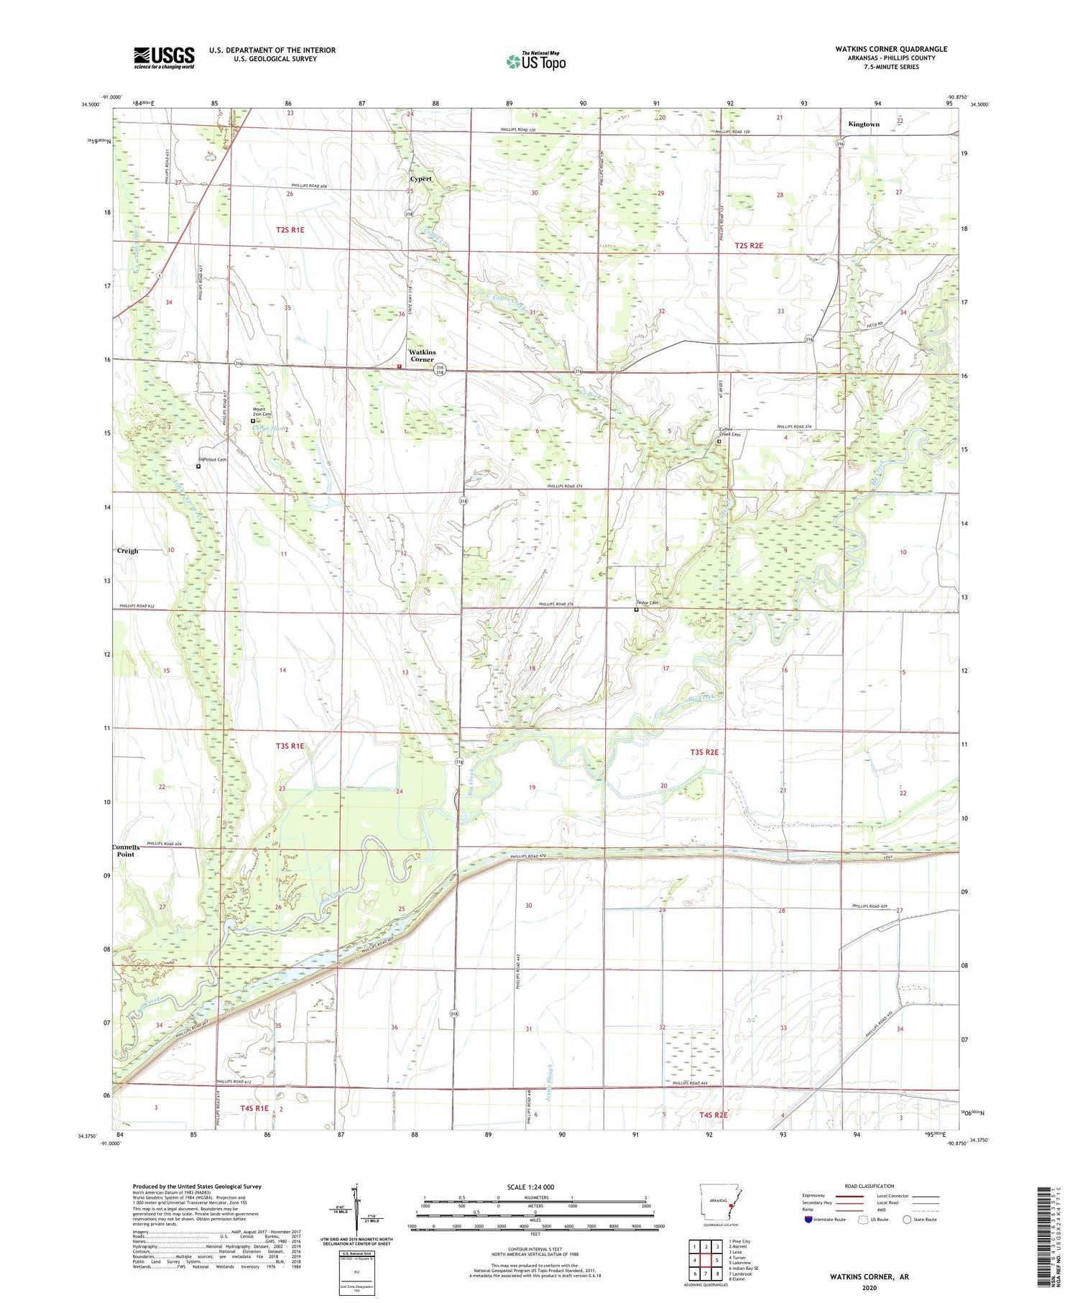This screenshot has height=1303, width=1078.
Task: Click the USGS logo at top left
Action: (x=164, y=57)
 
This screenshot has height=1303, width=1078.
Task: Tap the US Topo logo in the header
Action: (x=535, y=62)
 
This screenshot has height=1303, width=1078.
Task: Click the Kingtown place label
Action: (x=863, y=124)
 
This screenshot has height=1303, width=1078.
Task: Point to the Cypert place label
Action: (x=421, y=178)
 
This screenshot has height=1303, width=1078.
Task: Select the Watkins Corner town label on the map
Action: (x=422, y=356)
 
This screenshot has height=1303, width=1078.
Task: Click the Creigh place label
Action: (x=127, y=551)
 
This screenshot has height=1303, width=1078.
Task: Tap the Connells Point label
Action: (x=126, y=851)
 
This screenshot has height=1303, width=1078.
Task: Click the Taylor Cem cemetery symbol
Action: (x=636, y=610)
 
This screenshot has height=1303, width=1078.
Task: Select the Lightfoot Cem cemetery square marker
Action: (x=198, y=466)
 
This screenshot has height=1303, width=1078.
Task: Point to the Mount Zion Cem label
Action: (x=262, y=411)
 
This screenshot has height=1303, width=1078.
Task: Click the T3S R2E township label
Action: (x=704, y=752)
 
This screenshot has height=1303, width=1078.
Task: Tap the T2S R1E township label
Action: (x=290, y=230)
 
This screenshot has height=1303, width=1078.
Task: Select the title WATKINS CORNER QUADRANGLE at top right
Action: (x=890, y=49)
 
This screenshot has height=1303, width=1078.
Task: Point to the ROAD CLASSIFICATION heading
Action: (x=869, y=1186)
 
